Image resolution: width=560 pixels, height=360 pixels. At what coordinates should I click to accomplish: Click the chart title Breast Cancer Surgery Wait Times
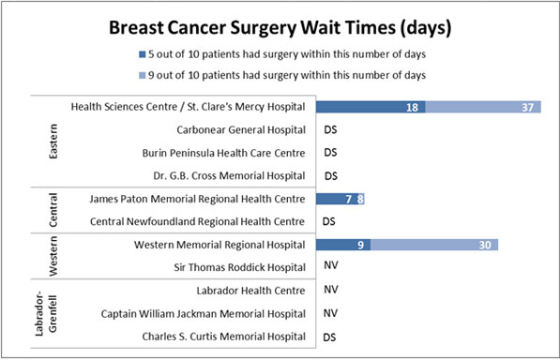[280, 28]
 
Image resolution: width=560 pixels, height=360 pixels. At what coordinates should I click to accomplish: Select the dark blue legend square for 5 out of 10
[140, 55]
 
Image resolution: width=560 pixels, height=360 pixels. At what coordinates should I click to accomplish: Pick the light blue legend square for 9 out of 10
[140, 75]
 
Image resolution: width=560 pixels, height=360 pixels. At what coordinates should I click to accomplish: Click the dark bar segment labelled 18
[370, 108]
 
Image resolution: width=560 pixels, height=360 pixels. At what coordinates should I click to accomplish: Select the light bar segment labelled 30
[433, 245]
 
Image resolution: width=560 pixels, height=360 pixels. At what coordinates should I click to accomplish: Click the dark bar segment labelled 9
[343, 245]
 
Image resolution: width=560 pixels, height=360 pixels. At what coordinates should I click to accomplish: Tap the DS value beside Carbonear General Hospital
[329, 130]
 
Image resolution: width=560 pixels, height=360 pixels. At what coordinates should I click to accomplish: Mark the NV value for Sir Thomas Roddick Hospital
[329, 268]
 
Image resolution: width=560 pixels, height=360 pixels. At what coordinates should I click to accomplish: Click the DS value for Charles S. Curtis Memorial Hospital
[329, 337]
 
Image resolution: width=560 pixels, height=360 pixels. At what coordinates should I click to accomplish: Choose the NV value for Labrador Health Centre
[329, 291]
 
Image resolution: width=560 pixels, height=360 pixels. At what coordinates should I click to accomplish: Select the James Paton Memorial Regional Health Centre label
[197, 199]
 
